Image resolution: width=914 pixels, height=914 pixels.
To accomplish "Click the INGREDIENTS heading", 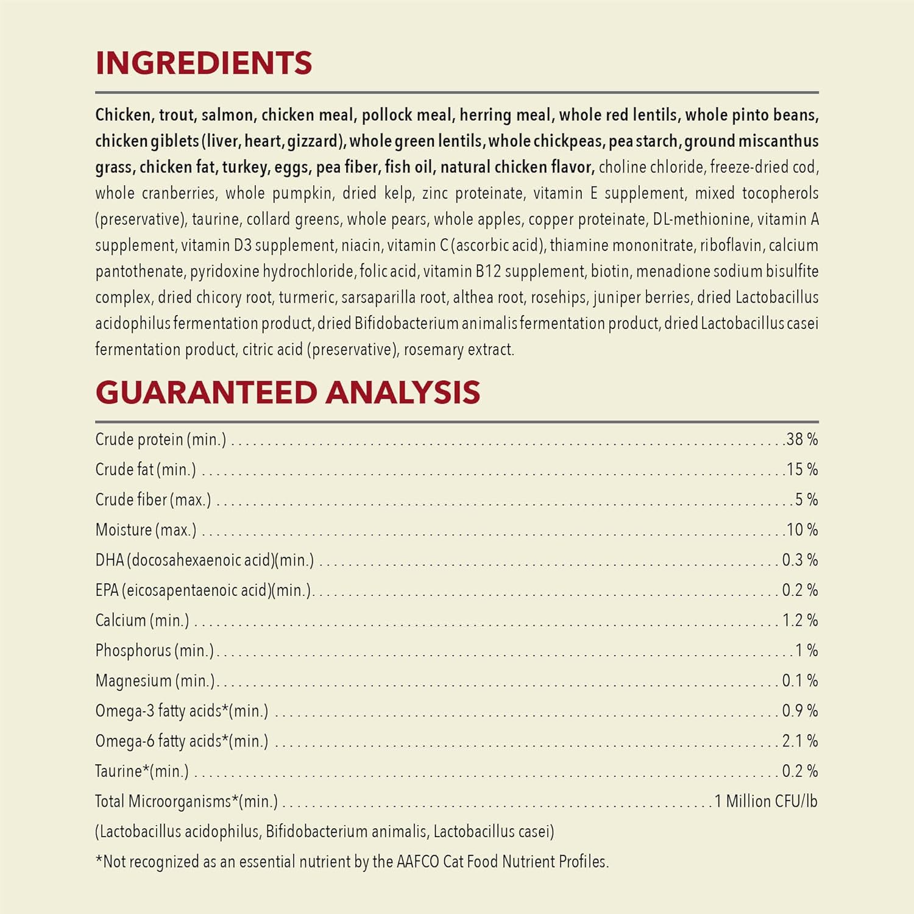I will [x=204, y=63].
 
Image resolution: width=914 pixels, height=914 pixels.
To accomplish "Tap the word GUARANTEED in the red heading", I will [x=206, y=392].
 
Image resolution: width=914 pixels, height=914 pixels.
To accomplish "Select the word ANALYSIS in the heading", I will [x=403, y=392].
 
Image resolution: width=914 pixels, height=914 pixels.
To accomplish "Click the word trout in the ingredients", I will [x=177, y=115].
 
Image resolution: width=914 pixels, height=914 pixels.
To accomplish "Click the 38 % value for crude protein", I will [x=802, y=439].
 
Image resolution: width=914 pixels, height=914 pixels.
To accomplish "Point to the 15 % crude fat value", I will [x=802, y=469].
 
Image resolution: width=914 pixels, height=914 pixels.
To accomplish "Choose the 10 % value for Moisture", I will [x=802, y=530].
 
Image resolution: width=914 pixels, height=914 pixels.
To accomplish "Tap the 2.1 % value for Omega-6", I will [x=799, y=741].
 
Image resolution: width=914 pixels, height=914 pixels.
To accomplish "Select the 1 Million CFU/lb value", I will [x=765, y=801].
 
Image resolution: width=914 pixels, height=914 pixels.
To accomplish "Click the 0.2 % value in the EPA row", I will [x=799, y=590].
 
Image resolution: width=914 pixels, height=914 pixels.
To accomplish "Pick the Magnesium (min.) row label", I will [x=155, y=681].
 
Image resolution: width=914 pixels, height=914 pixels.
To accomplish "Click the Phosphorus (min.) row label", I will [x=155, y=651].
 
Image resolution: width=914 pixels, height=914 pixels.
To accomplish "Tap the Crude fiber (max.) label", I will [x=153, y=500].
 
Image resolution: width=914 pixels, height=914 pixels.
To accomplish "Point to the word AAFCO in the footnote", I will [x=417, y=862].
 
